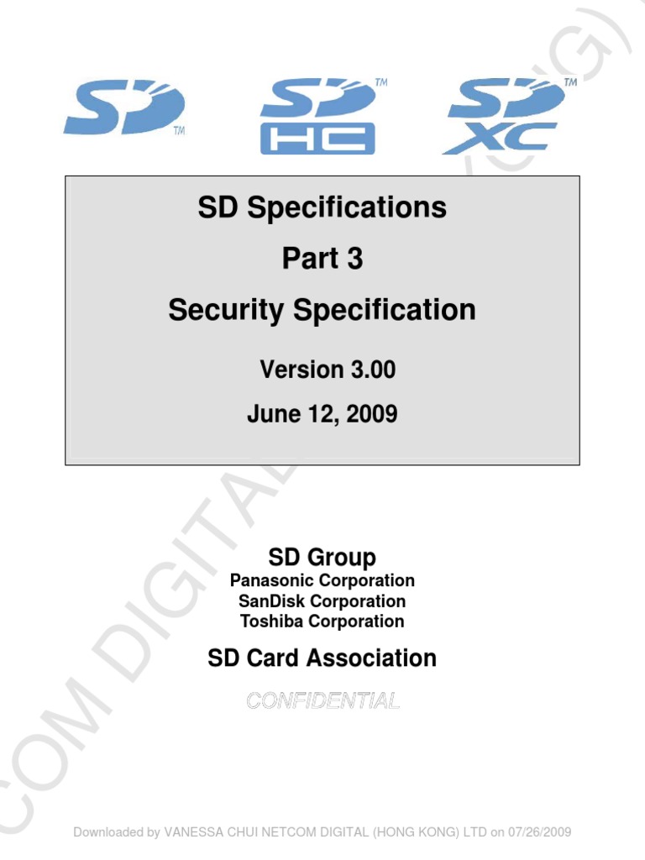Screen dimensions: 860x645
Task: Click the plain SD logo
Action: [123, 109]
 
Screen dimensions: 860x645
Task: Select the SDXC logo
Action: [504, 116]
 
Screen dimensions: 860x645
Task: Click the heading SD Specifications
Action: [322, 207]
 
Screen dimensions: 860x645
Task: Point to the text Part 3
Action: [322, 259]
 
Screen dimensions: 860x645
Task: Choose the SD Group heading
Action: [322, 557]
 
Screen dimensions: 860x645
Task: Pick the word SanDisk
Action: [272, 601]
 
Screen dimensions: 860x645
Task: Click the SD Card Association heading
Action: [322, 658]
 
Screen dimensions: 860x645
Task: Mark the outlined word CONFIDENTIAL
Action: [322, 700]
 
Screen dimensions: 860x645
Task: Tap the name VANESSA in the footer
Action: [195, 832]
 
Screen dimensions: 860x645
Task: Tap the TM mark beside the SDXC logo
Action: [570, 83]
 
